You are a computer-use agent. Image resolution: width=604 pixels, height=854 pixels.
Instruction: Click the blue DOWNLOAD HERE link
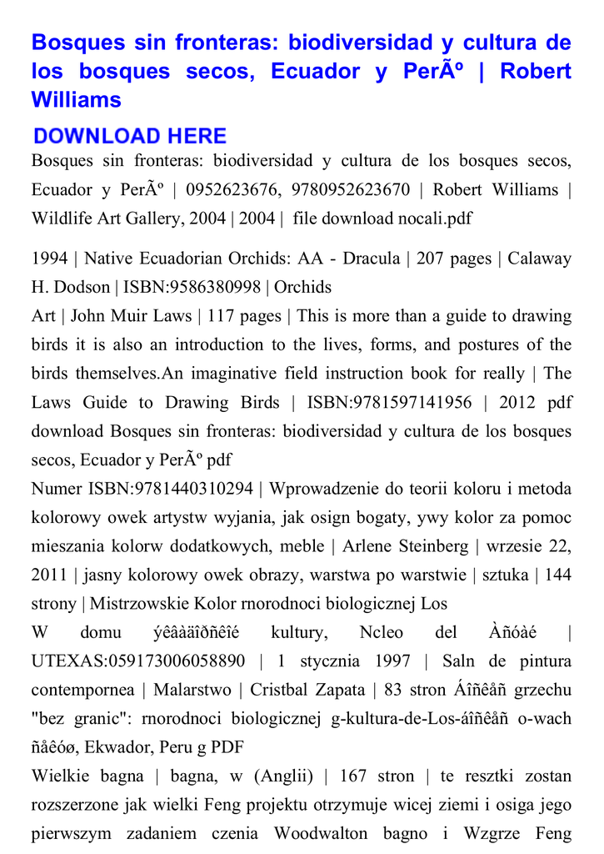[130, 136]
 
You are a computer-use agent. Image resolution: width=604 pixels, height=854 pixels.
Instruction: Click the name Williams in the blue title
[77, 101]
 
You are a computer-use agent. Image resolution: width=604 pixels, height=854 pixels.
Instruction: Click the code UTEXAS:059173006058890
[138, 661]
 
